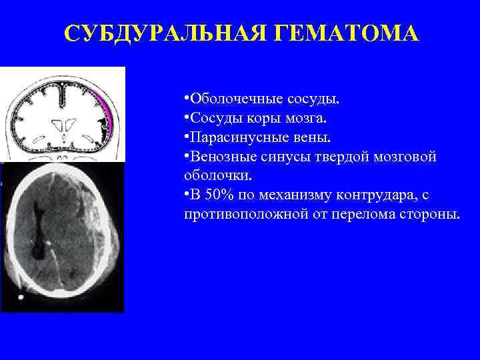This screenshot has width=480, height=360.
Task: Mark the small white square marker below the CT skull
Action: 22,295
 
